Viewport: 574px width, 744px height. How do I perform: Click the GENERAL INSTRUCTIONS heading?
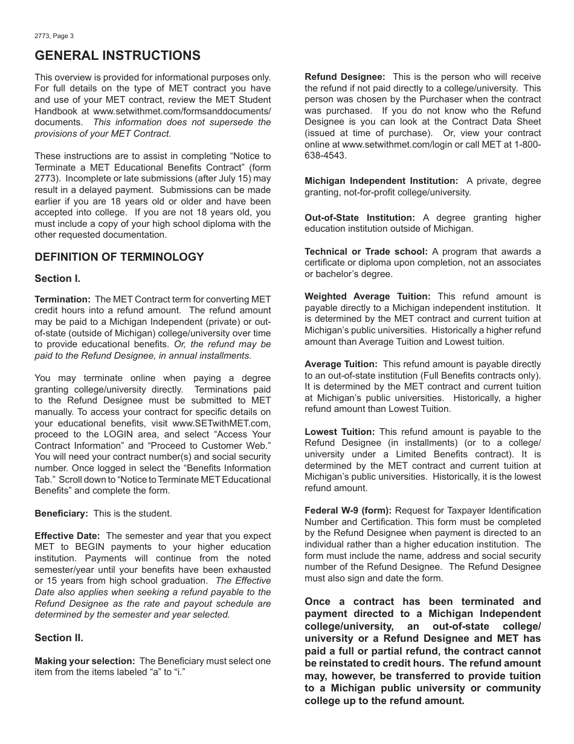pyautogui.click(x=117, y=56)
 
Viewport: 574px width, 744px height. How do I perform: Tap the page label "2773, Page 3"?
pyautogui.click(x=54, y=36)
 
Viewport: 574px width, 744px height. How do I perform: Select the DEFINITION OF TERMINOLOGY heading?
pyautogui.click(x=119, y=256)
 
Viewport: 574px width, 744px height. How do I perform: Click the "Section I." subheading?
pyautogui.click(x=57, y=278)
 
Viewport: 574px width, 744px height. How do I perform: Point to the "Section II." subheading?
pyautogui.click(x=59, y=638)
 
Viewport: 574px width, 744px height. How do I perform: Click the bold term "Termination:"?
pyautogui.click(x=62, y=299)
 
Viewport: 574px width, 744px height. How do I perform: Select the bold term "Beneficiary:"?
pyautogui.click(x=61, y=513)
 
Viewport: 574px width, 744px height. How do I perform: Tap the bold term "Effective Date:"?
pyautogui.click(x=68, y=535)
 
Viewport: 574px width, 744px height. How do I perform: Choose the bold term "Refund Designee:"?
pyautogui.click(x=344, y=77)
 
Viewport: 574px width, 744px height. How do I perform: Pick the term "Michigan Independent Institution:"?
pyautogui.click(x=381, y=181)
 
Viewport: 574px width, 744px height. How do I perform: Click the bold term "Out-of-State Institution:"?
pyautogui.click(x=360, y=218)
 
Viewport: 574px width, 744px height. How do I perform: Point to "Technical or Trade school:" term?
pyautogui.click(x=366, y=251)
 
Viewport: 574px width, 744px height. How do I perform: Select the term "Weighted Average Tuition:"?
pyautogui.click(x=367, y=296)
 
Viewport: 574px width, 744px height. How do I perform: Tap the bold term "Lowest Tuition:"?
pyautogui.click(x=340, y=431)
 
